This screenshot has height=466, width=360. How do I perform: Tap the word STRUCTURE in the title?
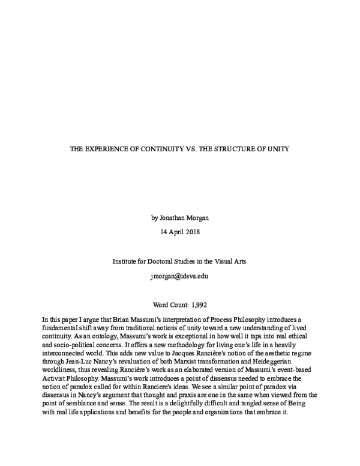pos(239,148)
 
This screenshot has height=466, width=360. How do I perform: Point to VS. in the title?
pos(191,148)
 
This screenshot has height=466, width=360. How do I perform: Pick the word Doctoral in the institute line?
pos(170,261)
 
